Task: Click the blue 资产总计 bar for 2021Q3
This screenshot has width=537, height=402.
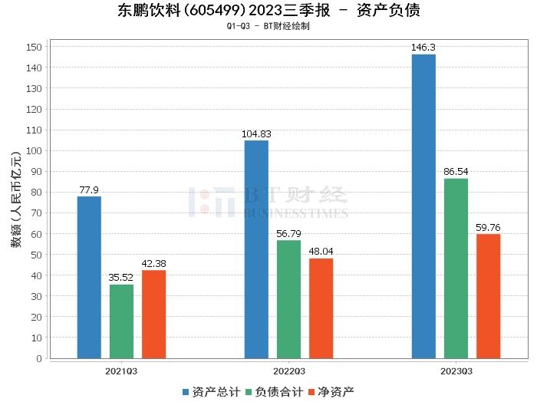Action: [89, 277]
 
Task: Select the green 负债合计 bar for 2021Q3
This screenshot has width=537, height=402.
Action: [121, 321]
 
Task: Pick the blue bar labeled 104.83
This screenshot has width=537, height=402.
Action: [256, 249]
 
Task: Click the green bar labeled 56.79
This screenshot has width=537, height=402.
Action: [288, 299]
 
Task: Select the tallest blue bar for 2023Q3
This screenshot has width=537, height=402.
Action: [423, 206]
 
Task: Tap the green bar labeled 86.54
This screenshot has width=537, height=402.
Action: [456, 268]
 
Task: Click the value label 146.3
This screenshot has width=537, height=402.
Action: [423, 48]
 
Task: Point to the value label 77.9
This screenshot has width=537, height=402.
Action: [89, 189]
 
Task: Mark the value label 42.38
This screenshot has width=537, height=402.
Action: [153, 263]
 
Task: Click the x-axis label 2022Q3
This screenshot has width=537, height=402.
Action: [288, 371]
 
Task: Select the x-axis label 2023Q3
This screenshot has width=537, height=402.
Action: [456, 371]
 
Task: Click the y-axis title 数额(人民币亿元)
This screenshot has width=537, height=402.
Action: [15, 203]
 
